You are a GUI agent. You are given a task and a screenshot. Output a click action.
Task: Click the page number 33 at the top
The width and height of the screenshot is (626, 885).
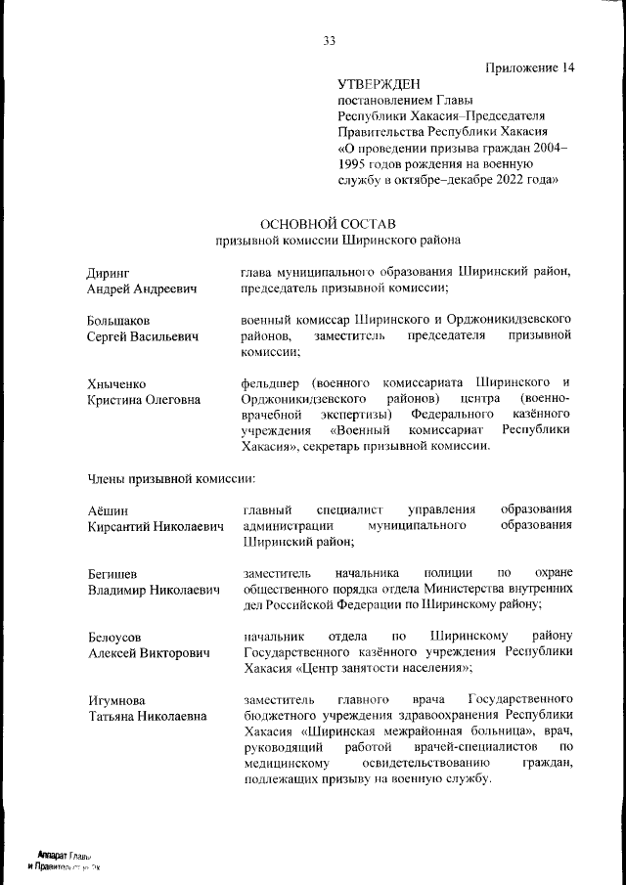point(329,40)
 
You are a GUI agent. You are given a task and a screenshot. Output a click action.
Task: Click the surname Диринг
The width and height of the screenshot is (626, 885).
point(108,272)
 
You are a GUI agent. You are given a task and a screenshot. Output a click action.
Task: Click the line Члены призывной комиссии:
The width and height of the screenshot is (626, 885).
point(170,479)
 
